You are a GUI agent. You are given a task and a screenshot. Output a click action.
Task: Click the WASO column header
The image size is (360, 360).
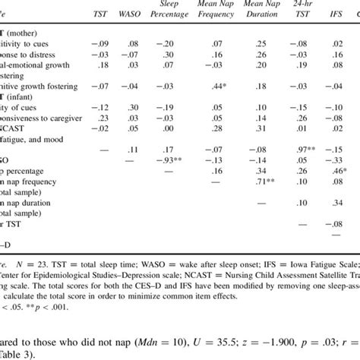coord(132,14)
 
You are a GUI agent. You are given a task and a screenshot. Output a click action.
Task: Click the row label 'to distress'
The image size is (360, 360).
coord(30,55)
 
